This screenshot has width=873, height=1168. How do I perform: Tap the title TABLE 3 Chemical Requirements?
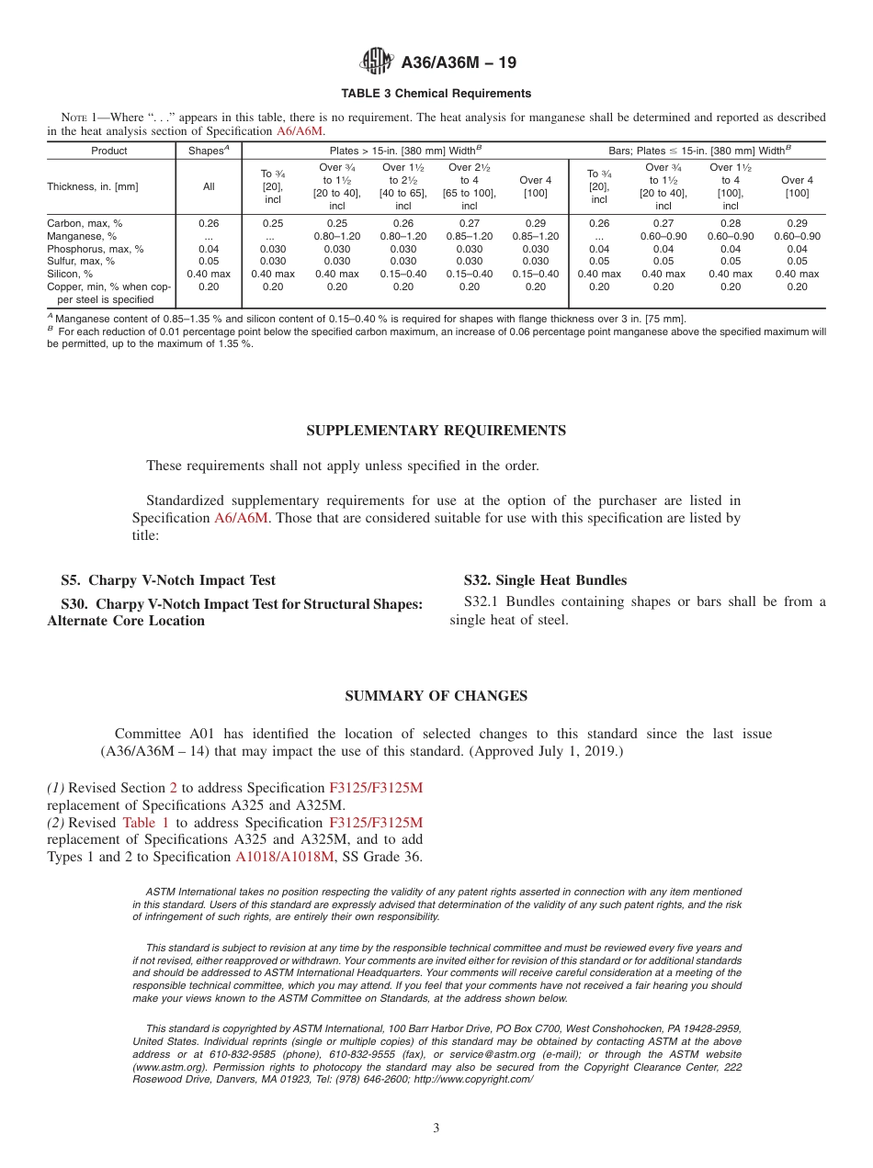tap(436, 94)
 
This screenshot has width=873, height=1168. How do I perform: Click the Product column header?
tap(109, 151)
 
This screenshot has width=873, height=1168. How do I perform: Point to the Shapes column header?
tap(208, 151)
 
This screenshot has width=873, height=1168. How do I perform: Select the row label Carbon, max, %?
tap(85, 223)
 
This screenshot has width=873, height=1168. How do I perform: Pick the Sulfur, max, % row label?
tap(81, 261)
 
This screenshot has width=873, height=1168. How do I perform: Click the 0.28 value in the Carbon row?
tap(731, 223)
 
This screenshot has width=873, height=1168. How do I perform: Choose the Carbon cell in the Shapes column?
tap(209, 223)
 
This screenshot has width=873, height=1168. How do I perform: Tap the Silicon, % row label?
tap(70, 274)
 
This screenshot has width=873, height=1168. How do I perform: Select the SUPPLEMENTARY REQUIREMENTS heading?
tap(436, 431)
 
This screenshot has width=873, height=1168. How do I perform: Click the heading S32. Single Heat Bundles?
tap(545, 580)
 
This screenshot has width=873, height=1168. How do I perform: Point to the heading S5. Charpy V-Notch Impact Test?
tap(168, 580)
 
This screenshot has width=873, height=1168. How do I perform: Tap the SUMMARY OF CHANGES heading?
tap(436, 696)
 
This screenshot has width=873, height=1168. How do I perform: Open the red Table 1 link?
tap(145, 823)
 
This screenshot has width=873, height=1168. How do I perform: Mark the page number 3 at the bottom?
tap(436, 1129)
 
